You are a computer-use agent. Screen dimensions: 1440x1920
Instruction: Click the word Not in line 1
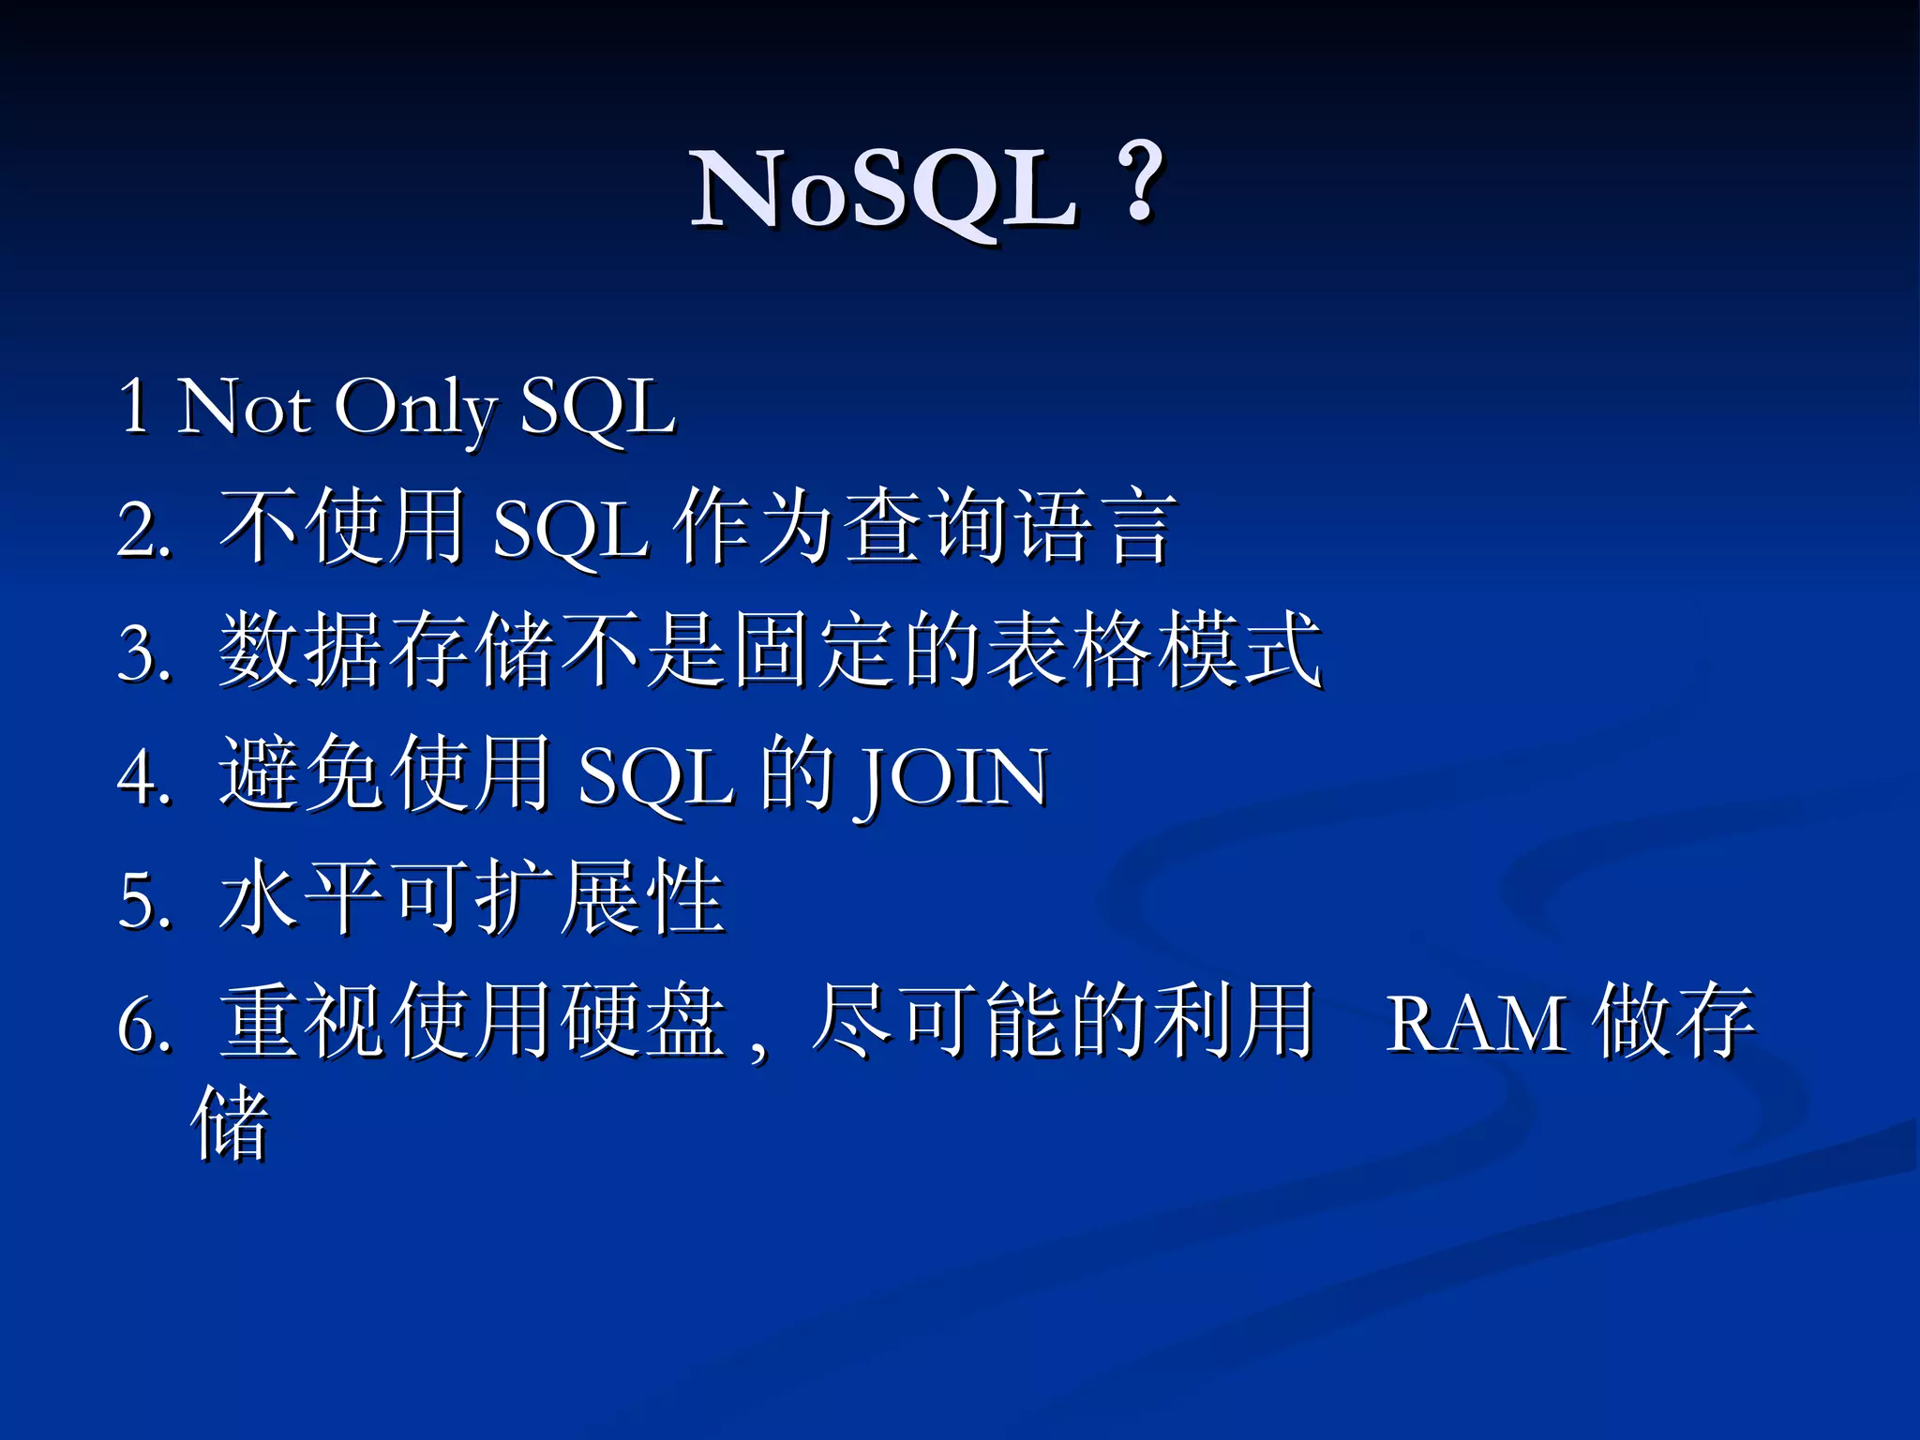(x=244, y=407)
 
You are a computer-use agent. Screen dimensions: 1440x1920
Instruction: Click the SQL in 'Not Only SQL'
(x=597, y=409)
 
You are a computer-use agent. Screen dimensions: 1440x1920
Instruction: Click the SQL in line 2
(x=570, y=531)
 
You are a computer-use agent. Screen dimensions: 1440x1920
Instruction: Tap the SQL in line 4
(x=655, y=777)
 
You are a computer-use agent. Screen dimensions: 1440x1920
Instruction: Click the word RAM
(x=1476, y=1024)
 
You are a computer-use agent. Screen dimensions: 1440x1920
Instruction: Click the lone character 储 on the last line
(x=231, y=1122)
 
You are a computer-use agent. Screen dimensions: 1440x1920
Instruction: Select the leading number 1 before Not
(x=134, y=407)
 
